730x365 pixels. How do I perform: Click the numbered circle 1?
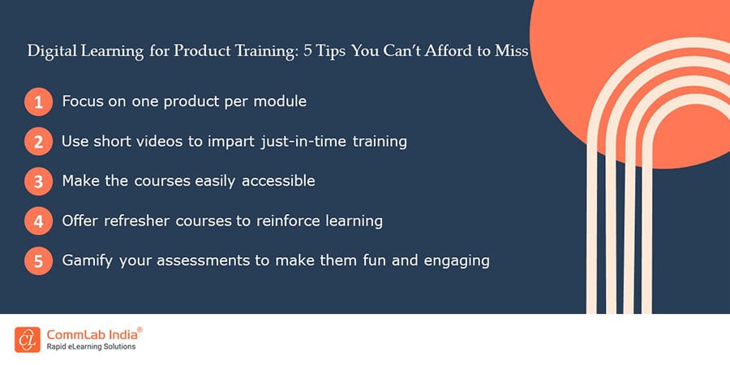[x=39, y=101]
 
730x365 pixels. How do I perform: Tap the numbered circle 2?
[x=39, y=141]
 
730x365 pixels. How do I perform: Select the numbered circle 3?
[x=39, y=181]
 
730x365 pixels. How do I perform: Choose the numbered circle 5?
[x=39, y=260]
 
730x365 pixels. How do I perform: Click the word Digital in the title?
[x=52, y=51]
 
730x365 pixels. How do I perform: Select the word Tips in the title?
[x=332, y=51]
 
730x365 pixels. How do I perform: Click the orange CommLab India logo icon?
[x=28, y=340]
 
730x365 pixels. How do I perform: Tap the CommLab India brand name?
[x=92, y=335]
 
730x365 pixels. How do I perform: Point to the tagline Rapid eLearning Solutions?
[x=91, y=347]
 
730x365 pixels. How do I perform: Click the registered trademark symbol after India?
[x=140, y=329]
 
